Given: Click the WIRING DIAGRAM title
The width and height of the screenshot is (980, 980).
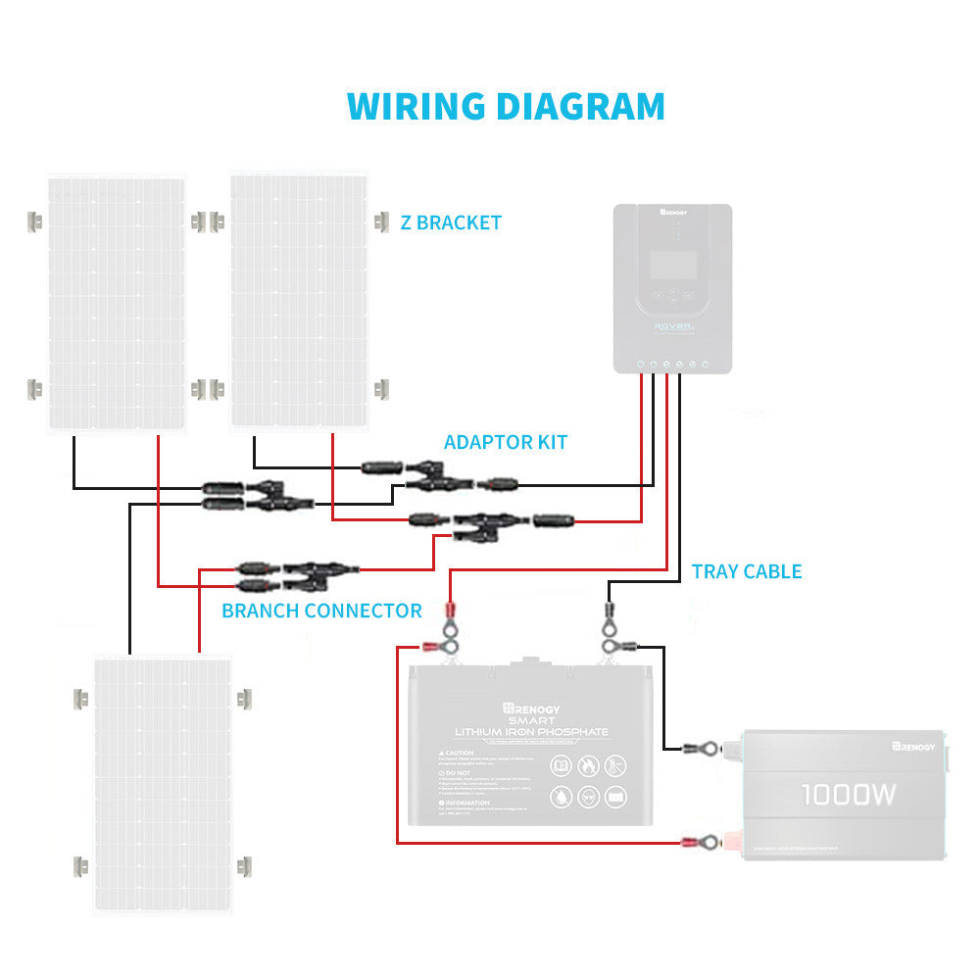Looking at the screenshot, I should coord(506,106).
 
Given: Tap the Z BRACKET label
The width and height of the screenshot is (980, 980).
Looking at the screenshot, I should coord(451,222).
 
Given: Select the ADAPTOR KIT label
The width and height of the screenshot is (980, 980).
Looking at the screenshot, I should coord(505,442).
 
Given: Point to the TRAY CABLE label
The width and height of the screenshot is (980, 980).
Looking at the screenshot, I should coord(746,571).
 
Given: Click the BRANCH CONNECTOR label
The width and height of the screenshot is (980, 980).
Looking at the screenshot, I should coord(321,611).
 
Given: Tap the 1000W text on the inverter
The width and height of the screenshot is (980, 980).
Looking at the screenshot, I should coord(848,794).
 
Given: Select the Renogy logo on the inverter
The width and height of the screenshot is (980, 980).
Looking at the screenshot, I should coord(913,747).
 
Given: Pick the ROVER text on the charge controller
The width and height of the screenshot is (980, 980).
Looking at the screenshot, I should coord(671,330).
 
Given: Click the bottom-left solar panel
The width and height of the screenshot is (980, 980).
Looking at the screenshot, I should coord(162,784).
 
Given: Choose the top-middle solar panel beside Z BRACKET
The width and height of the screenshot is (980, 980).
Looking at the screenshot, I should coord(298,300).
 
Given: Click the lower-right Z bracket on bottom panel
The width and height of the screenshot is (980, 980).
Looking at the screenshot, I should coord(242,866).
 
